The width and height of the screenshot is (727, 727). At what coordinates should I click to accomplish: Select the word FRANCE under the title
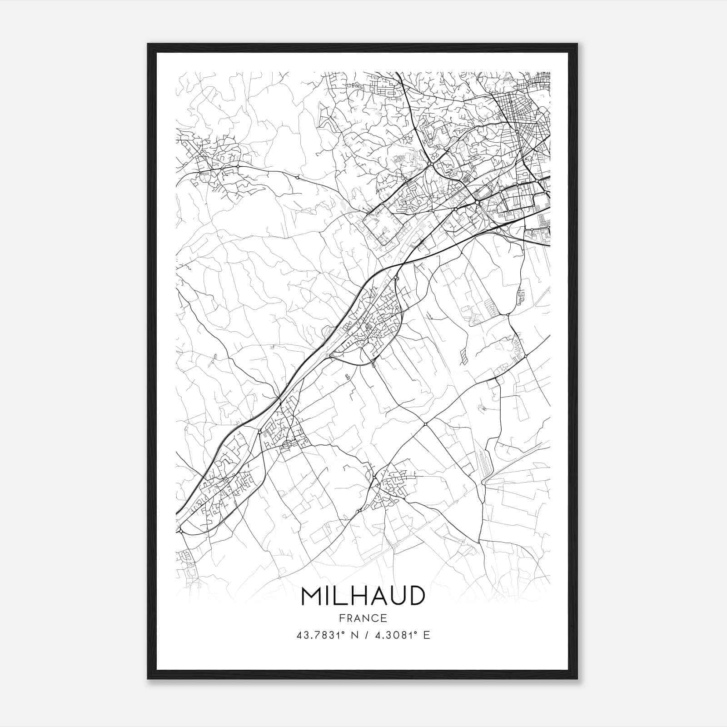(x=363, y=618)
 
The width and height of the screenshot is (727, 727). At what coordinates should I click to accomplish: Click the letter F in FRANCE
(x=341, y=618)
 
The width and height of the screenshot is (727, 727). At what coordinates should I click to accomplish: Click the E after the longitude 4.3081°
(x=426, y=635)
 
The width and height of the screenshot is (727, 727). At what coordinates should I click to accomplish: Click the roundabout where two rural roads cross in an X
(x=425, y=424)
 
